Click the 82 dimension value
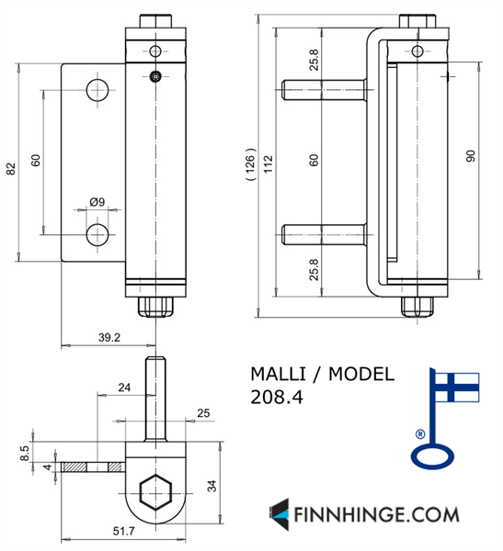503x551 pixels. (11, 169)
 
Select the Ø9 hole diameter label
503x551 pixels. (97, 202)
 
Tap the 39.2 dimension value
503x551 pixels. (109, 337)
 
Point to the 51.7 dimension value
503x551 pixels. (123, 531)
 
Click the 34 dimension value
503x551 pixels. (211, 486)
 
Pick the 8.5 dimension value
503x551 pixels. (25, 454)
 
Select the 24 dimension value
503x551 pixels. (124, 388)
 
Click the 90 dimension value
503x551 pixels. (471, 156)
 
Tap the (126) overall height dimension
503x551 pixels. (250, 164)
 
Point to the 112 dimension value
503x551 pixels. (269, 164)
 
